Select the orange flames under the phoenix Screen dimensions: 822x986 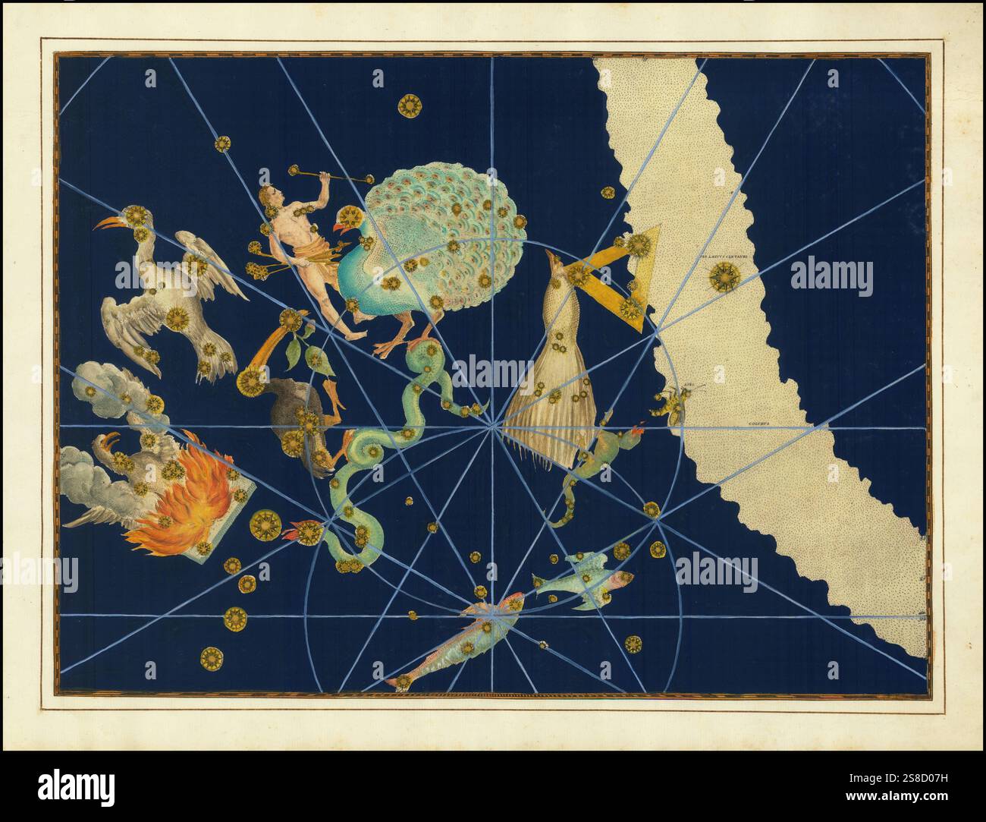click(186, 505)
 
